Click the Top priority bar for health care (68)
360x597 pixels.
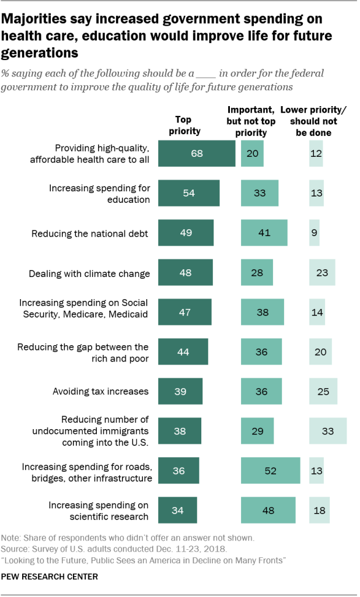[197, 153]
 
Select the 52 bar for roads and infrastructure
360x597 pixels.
[270, 470]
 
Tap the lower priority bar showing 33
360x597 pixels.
[328, 431]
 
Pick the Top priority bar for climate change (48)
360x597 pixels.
[186, 273]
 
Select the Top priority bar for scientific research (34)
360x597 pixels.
[177, 510]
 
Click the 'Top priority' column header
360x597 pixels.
[184, 125]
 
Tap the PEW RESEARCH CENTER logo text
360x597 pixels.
[49, 577]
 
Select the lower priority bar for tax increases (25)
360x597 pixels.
[323, 391]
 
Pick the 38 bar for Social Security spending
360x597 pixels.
[263, 312]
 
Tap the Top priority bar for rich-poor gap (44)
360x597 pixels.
[183, 352]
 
